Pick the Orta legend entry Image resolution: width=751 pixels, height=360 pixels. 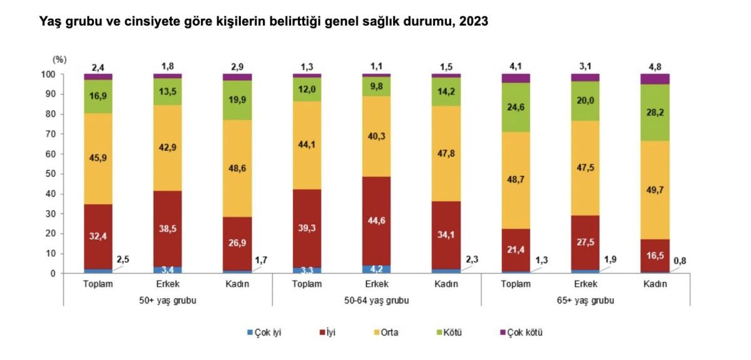point(388,332)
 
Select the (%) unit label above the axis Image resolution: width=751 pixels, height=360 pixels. point(59,59)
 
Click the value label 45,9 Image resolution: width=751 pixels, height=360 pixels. point(98,158)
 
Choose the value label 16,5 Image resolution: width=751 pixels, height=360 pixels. point(655,255)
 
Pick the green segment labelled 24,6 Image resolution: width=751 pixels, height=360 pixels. point(516,107)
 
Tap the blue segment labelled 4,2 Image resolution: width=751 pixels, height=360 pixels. point(376,269)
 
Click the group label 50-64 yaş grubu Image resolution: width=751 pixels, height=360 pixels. point(376,300)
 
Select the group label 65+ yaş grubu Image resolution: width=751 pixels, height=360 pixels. point(585,300)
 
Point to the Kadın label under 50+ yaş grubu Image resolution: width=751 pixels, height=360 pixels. point(237,284)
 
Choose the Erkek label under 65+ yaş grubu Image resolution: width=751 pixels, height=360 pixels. point(585,284)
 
